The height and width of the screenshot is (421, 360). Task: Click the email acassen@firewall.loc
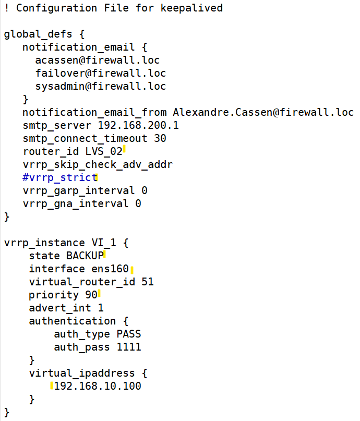(98, 60)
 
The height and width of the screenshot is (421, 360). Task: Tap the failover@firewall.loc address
(101, 73)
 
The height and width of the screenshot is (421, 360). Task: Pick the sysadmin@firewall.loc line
(101, 86)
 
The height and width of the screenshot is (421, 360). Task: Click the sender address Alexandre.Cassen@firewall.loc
(263, 112)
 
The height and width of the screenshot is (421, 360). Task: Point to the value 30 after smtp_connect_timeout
(160, 138)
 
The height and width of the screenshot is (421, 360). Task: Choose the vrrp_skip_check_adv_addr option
(98, 164)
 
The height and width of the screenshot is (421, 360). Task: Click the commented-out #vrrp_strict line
(59, 177)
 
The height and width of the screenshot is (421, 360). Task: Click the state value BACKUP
(85, 256)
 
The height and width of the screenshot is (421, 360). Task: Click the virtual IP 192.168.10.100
(98, 386)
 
